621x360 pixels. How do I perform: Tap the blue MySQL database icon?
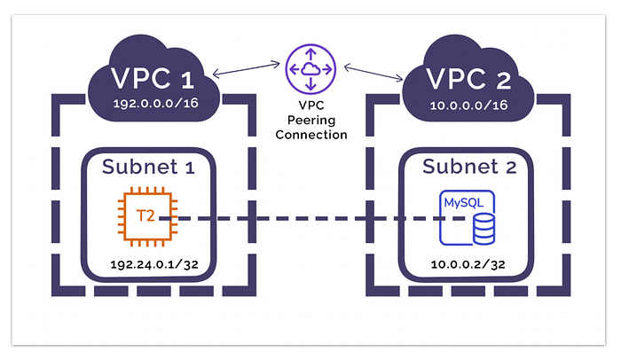468,216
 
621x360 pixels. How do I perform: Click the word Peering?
310,121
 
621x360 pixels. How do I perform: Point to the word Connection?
310,135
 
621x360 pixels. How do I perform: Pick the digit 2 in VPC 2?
504,80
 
